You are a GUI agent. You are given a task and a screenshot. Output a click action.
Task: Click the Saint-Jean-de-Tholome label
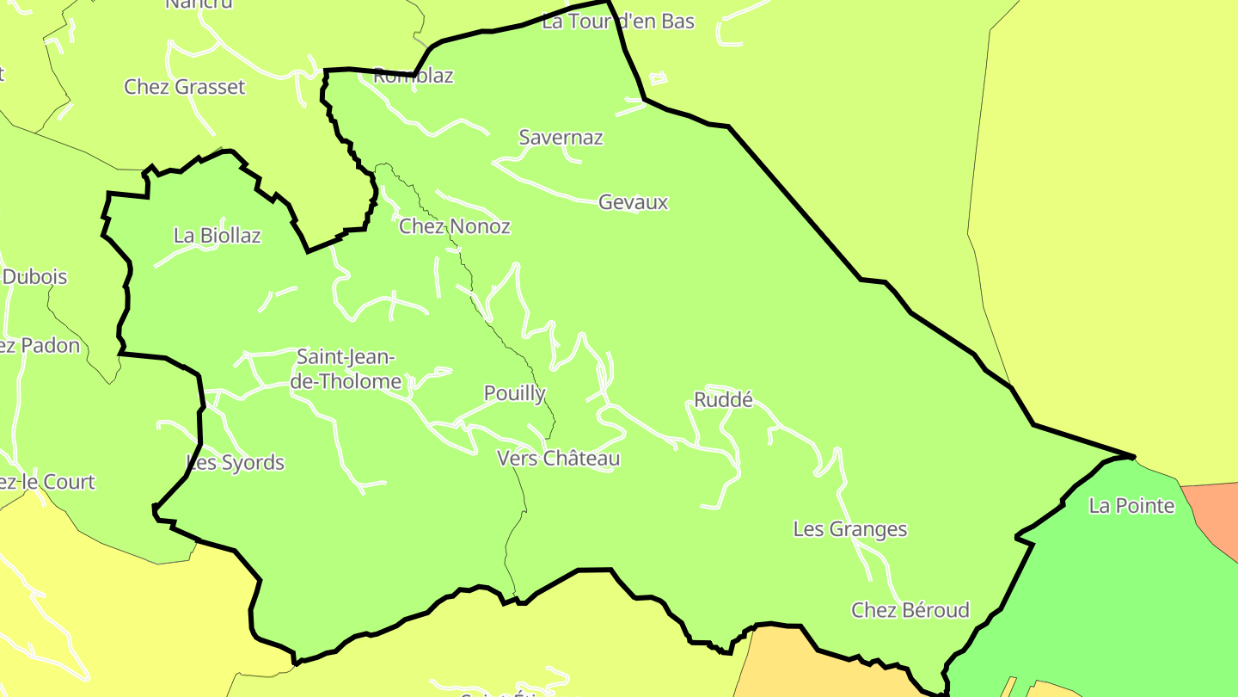click(346, 368)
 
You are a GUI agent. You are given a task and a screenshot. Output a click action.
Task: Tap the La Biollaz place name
click(217, 235)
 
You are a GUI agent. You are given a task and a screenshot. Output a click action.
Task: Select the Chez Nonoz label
click(454, 226)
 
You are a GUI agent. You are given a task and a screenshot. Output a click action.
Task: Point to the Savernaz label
click(561, 137)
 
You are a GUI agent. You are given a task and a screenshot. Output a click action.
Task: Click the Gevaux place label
click(633, 202)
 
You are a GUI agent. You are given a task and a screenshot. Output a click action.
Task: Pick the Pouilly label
click(514, 393)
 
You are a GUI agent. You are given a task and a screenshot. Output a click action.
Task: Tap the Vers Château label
click(558, 459)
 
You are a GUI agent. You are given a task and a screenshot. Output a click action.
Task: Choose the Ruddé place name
click(723, 399)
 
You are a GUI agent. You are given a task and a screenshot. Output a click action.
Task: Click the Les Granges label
click(849, 528)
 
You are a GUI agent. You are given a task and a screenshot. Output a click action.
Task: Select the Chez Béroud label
click(910, 610)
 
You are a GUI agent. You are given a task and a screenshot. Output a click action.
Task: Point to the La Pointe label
click(1131, 505)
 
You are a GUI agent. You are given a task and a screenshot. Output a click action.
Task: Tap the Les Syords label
click(236, 463)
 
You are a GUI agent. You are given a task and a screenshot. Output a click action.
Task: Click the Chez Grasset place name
click(184, 87)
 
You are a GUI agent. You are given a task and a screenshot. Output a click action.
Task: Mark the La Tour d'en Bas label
click(617, 22)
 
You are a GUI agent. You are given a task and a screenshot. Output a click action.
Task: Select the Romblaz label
click(413, 76)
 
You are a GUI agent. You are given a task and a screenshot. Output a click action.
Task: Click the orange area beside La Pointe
click(1214, 512)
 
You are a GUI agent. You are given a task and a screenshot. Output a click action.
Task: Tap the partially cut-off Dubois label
click(34, 277)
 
